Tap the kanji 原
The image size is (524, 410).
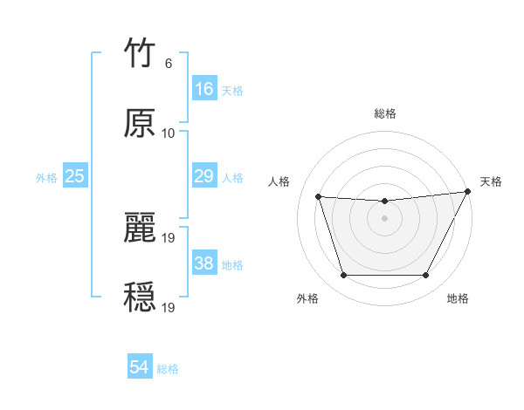pyautogui.click(x=140, y=124)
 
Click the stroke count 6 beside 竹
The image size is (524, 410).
pyautogui.click(x=169, y=64)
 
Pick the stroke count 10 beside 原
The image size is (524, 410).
pyautogui.click(x=169, y=133)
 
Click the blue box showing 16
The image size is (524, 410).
pyautogui.click(x=203, y=89)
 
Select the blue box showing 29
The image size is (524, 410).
pyautogui.click(x=203, y=176)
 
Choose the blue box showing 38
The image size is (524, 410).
pyautogui.click(x=203, y=263)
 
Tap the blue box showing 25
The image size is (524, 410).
pyautogui.click(x=75, y=176)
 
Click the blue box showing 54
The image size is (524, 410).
pyautogui.click(x=140, y=367)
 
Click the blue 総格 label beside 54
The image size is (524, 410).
pyautogui.click(x=168, y=369)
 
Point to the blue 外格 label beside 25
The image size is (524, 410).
pyautogui.click(x=46, y=178)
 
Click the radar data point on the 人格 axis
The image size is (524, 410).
pyautogui.click(x=318, y=197)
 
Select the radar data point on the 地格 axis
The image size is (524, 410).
pyautogui.click(x=426, y=276)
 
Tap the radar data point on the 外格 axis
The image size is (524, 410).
pyautogui.click(x=343, y=276)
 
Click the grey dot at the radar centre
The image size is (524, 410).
pyautogui.click(x=384, y=218)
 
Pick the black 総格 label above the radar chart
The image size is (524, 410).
pyautogui.click(x=384, y=113)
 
